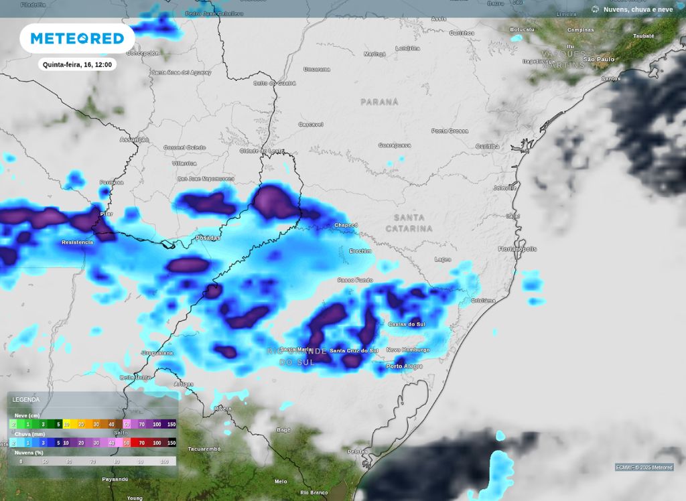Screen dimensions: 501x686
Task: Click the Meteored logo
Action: pos(77,38)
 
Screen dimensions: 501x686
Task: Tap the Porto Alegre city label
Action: pos(403,366)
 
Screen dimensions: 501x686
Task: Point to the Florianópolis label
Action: pos(518,248)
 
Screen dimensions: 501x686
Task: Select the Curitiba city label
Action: pos(487,146)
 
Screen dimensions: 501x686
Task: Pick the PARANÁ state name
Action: pos(379,102)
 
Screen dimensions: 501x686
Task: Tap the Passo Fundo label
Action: pos(355,280)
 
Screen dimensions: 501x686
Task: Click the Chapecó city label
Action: pos(346,225)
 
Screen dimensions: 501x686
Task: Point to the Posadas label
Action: pos(207,238)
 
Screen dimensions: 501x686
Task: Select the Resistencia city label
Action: pos(77,242)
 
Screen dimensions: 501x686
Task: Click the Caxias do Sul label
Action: pos(407,324)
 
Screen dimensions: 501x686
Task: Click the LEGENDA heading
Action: pos(26,400)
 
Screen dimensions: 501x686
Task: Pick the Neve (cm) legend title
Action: pos(27,415)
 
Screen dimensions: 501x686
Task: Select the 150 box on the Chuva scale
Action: pos(171,443)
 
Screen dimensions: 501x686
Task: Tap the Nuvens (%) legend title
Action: pos(29,453)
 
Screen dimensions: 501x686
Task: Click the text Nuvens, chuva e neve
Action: pos(638,9)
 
